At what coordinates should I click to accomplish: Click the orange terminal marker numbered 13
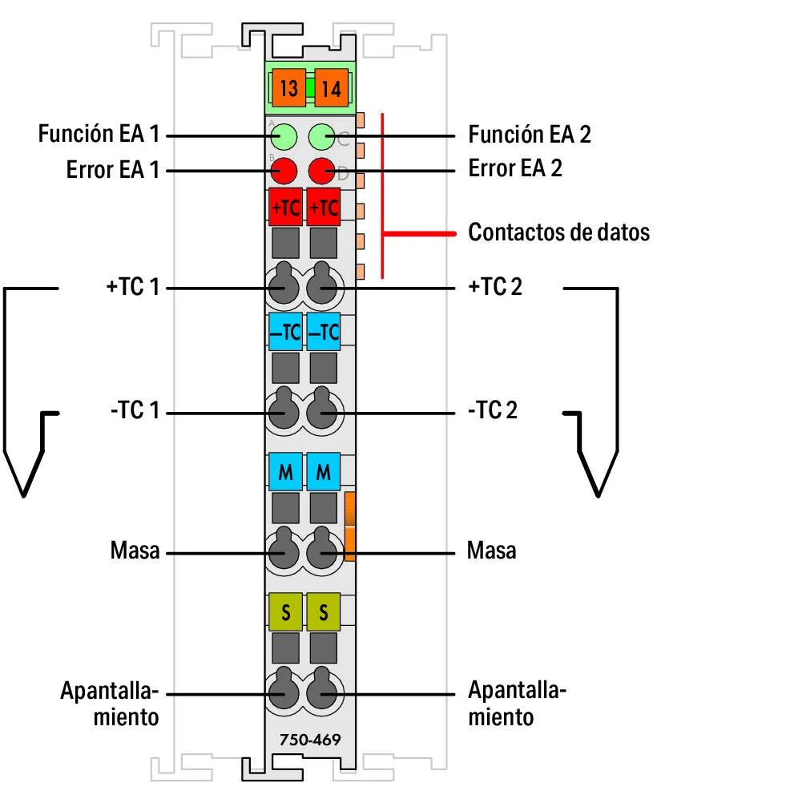(x=288, y=88)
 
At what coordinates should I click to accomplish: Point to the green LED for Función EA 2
(x=322, y=136)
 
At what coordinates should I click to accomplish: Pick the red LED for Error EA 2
(x=322, y=171)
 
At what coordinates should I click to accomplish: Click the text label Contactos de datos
(x=558, y=233)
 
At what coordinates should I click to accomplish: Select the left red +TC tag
(x=285, y=207)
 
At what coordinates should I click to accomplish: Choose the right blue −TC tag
(x=324, y=332)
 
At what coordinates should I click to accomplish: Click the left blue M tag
(x=285, y=474)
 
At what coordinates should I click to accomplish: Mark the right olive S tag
(x=324, y=613)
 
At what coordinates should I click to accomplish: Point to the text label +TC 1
(x=133, y=287)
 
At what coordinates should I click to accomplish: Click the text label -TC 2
(x=492, y=412)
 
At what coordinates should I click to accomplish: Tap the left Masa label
(x=135, y=551)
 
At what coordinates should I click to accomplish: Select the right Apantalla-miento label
(x=516, y=703)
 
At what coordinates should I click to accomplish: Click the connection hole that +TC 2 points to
(x=322, y=285)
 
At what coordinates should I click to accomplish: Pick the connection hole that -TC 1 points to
(x=282, y=412)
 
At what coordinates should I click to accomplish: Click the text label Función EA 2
(x=529, y=134)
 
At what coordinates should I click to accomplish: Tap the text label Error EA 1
(x=112, y=171)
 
